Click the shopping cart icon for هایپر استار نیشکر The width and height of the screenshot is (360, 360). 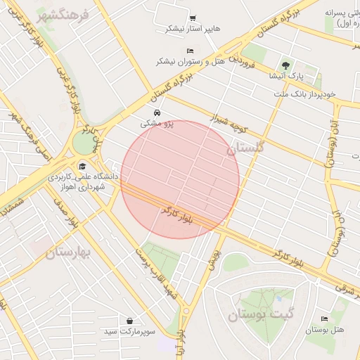click(x=193, y=18)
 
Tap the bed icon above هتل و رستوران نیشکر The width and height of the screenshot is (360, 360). click(x=191, y=51)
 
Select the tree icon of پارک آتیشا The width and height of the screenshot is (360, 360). click(x=285, y=64)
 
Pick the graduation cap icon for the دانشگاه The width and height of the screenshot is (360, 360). click(x=83, y=167)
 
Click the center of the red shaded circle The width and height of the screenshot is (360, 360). click(x=181, y=179)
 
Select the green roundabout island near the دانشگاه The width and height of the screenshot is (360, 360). click(x=84, y=143)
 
